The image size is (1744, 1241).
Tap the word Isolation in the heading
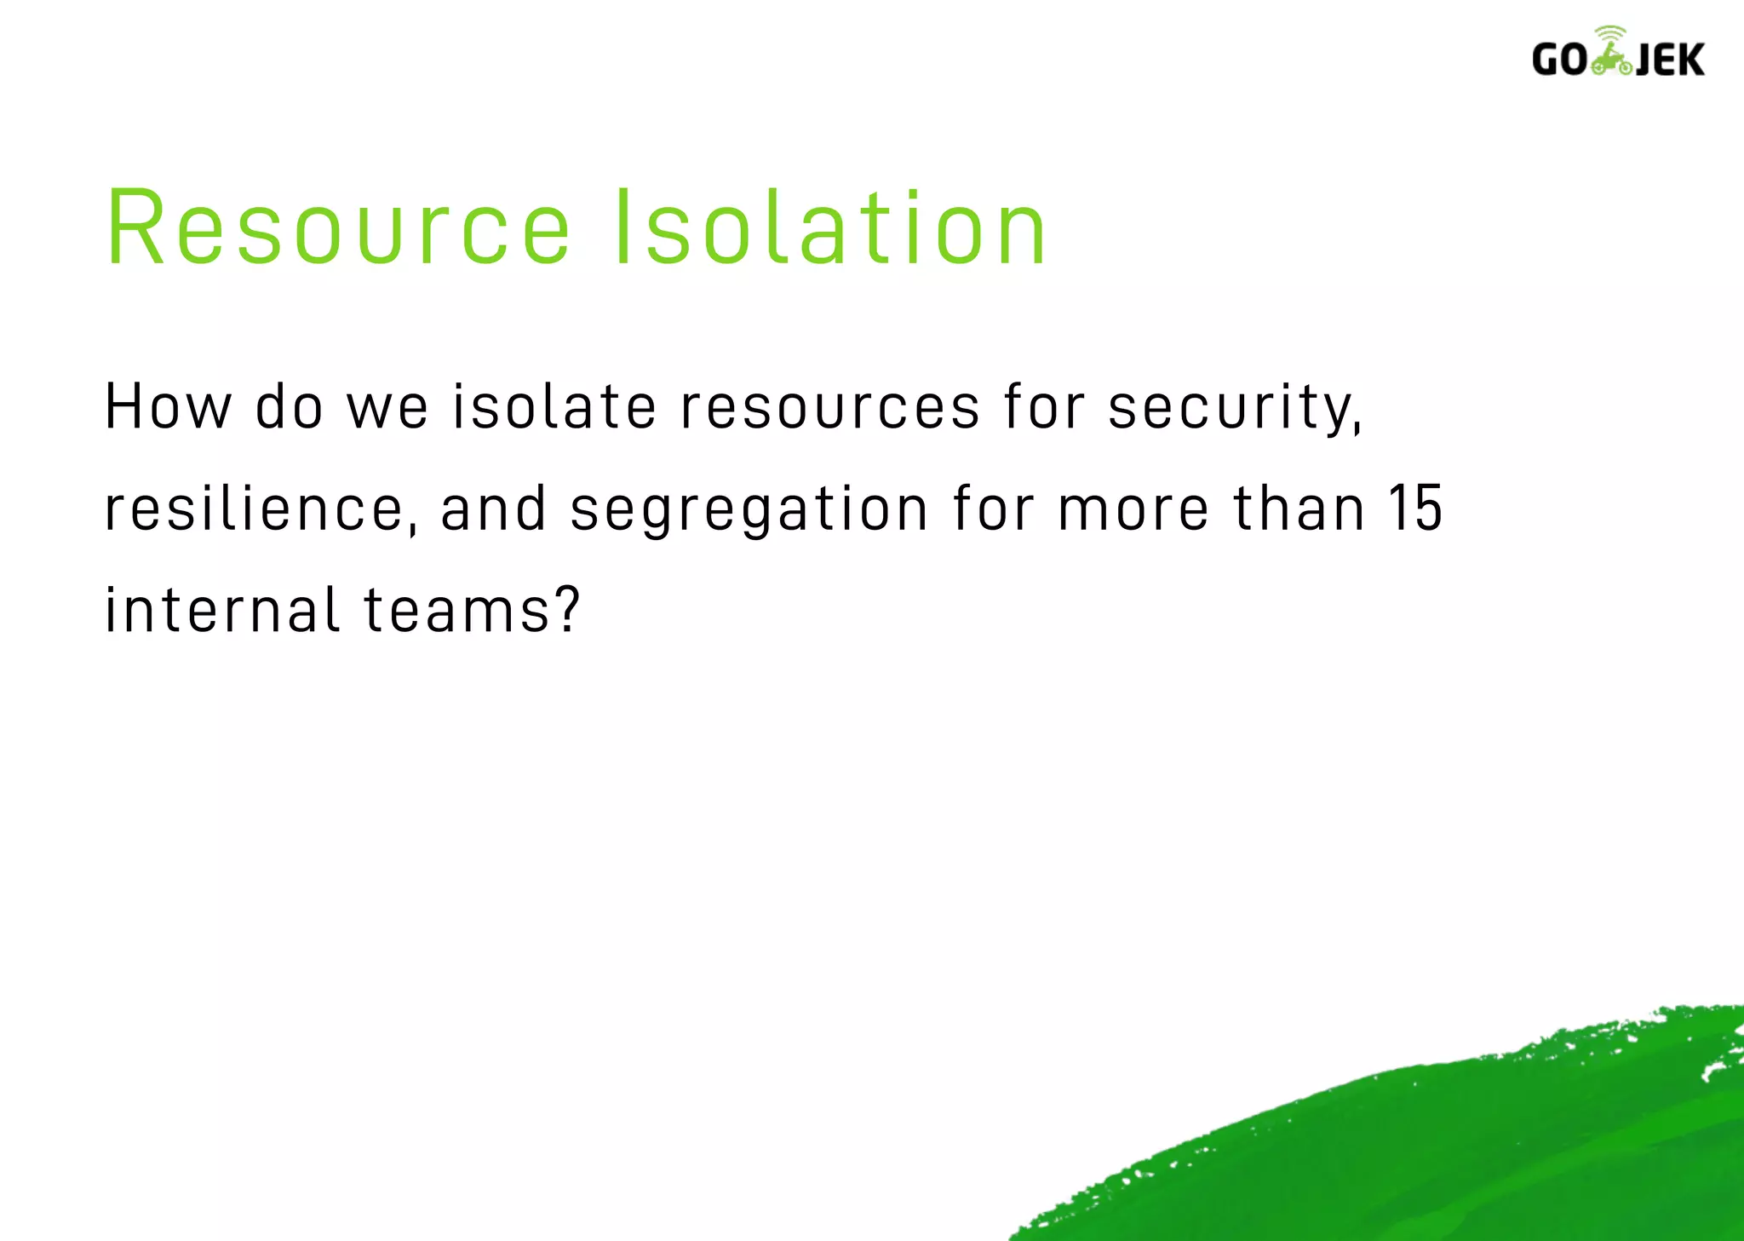pyautogui.click(x=829, y=228)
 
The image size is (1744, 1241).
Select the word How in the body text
pyautogui.click(x=168, y=407)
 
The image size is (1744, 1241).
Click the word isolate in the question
pyautogui.click(x=554, y=407)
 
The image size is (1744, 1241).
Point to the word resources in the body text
pyautogui.click(x=829, y=407)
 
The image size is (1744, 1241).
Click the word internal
pyautogui.click(x=222, y=611)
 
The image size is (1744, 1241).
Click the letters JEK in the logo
pyautogui.click(x=1670, y=60)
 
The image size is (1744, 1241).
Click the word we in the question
pyautogui.click(x=387, y=407)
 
